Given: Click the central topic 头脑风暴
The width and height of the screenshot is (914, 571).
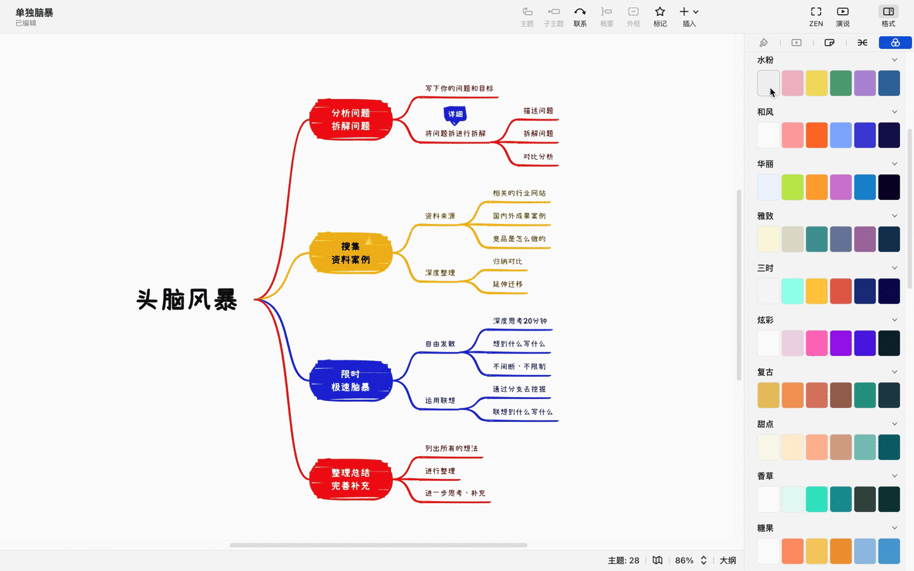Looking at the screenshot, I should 187,299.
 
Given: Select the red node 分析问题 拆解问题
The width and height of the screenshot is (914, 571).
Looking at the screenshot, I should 350,119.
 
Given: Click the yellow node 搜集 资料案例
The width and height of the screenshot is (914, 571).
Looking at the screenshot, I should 350,253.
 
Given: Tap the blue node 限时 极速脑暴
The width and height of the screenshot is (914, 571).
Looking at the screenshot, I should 350,381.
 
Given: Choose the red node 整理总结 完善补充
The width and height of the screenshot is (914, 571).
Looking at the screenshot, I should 350,479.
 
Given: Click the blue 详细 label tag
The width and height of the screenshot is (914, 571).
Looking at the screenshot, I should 455,114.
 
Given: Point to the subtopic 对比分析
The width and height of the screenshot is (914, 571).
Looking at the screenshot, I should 538,157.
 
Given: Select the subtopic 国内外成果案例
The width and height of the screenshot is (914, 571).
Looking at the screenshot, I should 519,216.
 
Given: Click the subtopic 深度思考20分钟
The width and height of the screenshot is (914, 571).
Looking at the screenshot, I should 520,321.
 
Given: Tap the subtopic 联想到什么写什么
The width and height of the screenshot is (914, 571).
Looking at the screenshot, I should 522,412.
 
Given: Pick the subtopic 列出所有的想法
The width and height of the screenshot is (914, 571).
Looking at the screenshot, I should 451,449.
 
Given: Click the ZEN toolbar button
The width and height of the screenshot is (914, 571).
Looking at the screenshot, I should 816,16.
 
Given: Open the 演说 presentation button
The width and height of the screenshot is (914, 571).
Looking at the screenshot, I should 842,16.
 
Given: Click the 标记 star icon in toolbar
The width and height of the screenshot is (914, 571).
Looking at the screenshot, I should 660,16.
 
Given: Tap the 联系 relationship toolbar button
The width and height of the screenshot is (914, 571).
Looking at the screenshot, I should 580,16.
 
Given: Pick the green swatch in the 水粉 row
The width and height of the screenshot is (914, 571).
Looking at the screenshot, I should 840,83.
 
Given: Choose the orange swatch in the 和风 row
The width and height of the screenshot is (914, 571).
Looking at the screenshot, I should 816,135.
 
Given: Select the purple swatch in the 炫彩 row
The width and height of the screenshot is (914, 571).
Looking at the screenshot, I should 840,343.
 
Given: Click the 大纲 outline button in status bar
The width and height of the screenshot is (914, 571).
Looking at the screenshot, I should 727,560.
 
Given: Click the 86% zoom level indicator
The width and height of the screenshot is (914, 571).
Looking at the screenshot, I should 684,560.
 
